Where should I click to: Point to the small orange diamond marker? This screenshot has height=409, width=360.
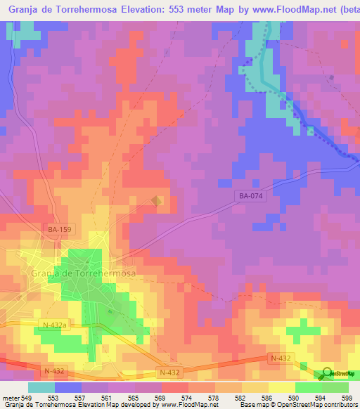point(156,201)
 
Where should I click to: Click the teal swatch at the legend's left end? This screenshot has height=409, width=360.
point(41,388)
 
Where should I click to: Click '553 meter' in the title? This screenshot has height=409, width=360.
point(175,11)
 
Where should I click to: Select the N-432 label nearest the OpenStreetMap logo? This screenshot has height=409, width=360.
point(280,358)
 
